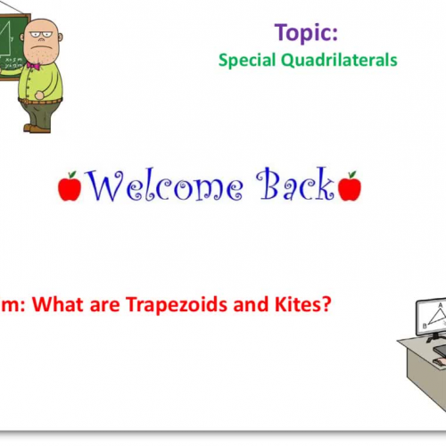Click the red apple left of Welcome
70,186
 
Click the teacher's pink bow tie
34,65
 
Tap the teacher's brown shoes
36,128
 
